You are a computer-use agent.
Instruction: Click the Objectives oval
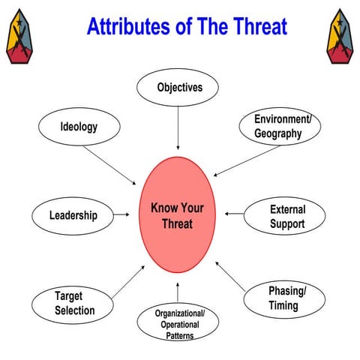click(x=179, y=88)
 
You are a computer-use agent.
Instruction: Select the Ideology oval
click(x=79, y=127)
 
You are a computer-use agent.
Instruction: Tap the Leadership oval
click(x=73, y=215)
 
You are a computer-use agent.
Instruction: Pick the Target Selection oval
click(x=74, y=303)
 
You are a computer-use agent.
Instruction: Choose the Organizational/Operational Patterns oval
click(x=179, y=323)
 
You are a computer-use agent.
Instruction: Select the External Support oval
click(x=286, y=217)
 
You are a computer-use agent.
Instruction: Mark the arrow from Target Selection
click(x=127, y=282)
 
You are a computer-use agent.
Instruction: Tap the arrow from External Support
click(x=233, y=214)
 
